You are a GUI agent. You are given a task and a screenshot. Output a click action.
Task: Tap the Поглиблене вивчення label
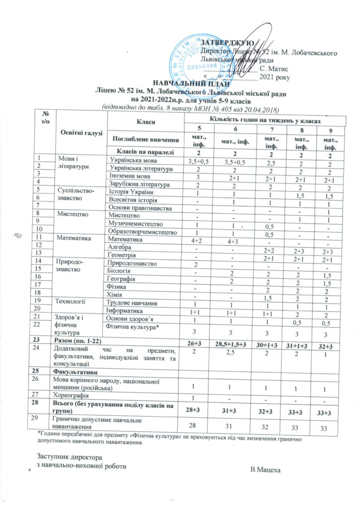(x=145, y=137)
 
